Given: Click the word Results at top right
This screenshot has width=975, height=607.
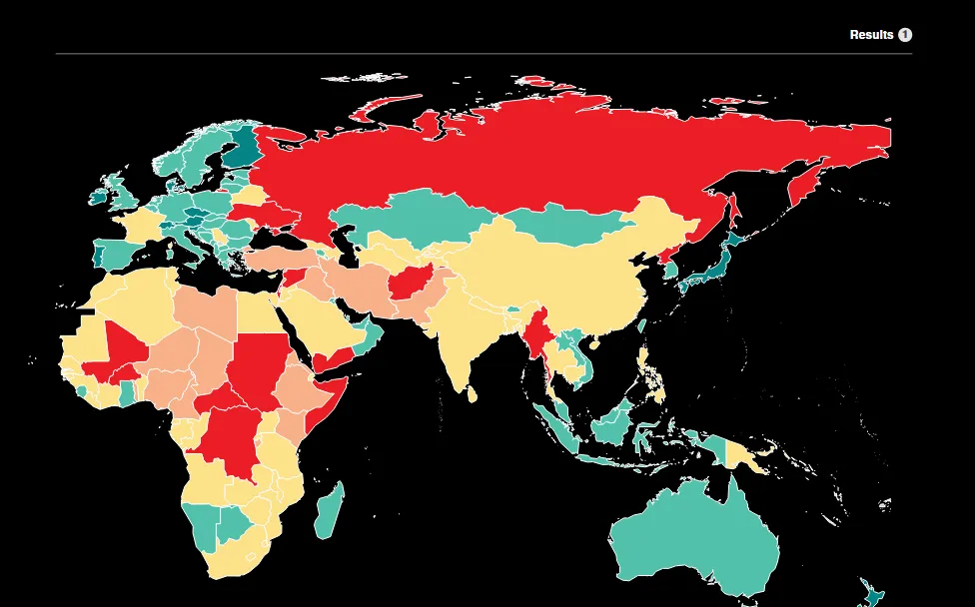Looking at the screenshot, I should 871,35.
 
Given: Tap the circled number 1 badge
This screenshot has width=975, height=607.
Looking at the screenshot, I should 905,35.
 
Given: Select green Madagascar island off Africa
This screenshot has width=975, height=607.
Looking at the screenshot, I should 330,510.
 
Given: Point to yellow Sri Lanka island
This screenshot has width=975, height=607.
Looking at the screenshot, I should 473,394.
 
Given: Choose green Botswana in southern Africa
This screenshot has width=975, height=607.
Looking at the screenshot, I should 234,525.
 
